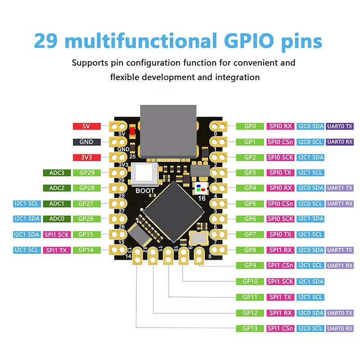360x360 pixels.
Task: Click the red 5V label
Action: click(x=86, y=126)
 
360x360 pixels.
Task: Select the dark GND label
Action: click(x=86, y=142)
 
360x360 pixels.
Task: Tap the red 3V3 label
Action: click(x=86, y=157)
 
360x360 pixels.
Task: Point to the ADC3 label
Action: click(x=56, y=173)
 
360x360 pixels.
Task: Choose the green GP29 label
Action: click(x=86, y=173)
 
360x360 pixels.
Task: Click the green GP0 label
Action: click(x=250, y=126)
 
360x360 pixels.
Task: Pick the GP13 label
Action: click(x=250, y=328)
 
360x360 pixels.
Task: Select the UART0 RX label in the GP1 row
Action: click(x=340, y=142)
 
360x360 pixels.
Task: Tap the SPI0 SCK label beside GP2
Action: click(x=280, y=157)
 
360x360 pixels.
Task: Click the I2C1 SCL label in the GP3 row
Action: click(x=310, y=173)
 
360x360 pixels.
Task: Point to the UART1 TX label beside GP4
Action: click(x=340, y=188)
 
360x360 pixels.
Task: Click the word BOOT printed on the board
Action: click(x=145, y=191)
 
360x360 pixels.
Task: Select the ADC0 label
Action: click(x=56, y=219)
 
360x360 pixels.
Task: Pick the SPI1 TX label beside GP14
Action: click(x=56, y=250)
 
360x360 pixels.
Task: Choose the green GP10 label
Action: click(x=250, y=281)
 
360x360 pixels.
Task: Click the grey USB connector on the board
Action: click(x=168, y=130)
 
